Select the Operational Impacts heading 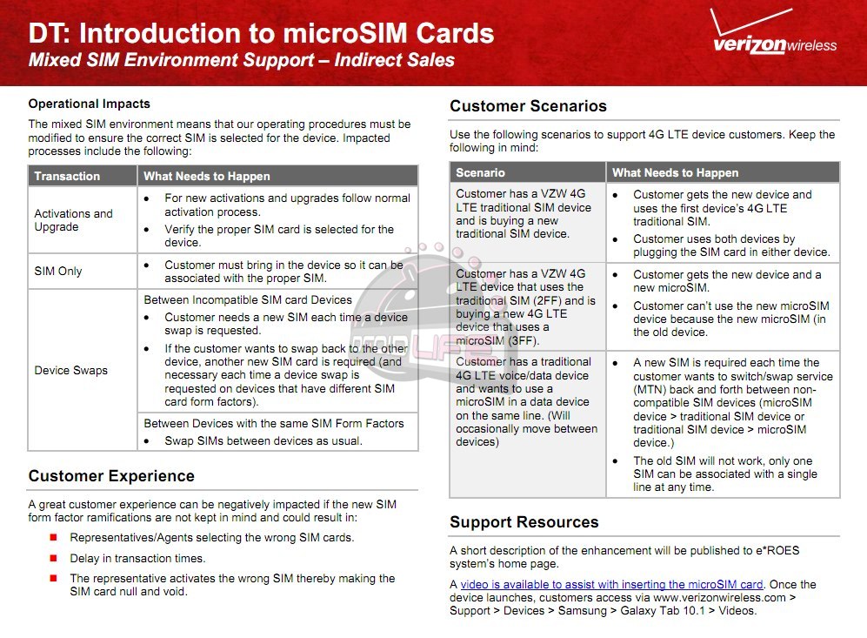(x=89, y=104)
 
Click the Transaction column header (x=67, y=176)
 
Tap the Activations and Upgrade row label (x=73, y=220)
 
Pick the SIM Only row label (x=58, y=271)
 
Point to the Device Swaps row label (x=71, y=370)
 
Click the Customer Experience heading (x=111, y=476)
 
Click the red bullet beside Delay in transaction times (x=53, y=559)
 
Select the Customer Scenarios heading (x=528, y=106)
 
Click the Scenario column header (x=480, y=172)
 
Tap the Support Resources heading (x=524, y=522)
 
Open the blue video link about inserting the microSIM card (x=611, y=585)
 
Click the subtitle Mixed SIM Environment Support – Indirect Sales (x=241, y=60)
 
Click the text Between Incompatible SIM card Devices (x=248, y=299)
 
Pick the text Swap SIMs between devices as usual (x=263, y=440)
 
